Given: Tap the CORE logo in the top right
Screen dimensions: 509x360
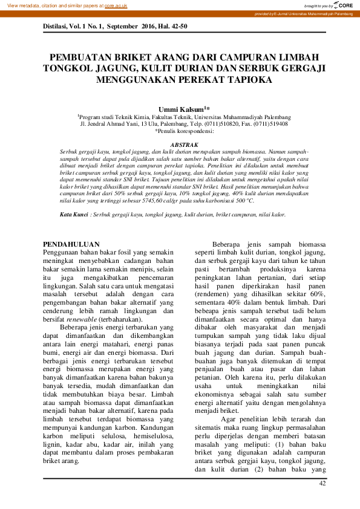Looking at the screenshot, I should point(342,5).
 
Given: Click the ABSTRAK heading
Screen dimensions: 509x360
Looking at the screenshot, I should point(184,145).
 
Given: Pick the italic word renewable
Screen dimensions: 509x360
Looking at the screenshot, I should point(84,319).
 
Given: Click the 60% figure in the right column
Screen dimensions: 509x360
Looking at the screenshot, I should point(318,293).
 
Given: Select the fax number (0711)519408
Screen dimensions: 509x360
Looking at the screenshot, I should point(270,123).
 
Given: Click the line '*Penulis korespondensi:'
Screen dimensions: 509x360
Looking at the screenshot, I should point(184,131).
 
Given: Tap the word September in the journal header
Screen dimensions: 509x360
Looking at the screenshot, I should point(113,27).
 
